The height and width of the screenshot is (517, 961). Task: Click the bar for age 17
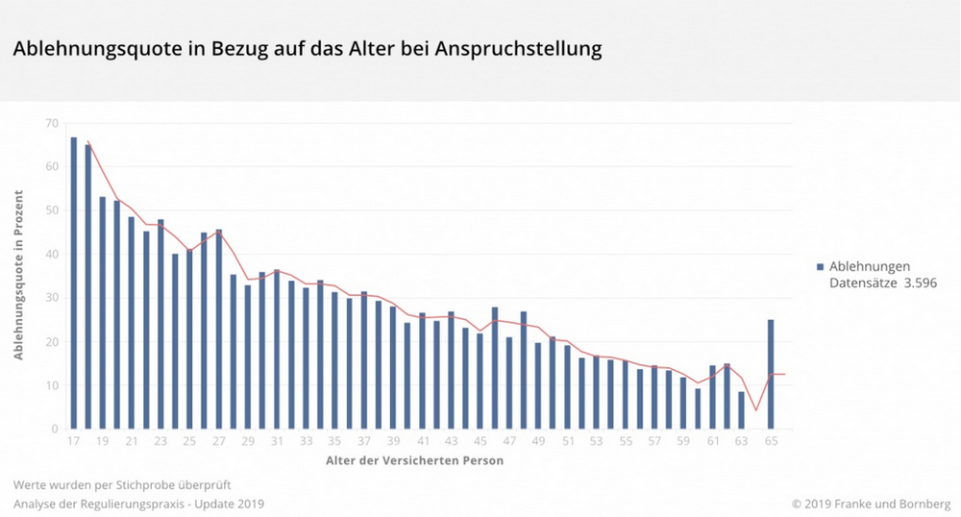pyautogui.click(x=73, y=283)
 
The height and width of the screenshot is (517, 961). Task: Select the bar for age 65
pyautogui.click(x=771, y=374)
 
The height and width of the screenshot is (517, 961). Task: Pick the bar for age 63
pyautogui.click(x=741, y=410)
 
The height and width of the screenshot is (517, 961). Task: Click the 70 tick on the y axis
pyautogui.click(x=51, y=123)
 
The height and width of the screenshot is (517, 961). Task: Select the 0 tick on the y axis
pyautogui.click(x=55, y=430)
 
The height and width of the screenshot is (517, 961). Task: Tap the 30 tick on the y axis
pyautogui.click(x=51, y=298)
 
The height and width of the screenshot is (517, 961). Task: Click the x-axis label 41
pyautogui.click(x=422, y=441)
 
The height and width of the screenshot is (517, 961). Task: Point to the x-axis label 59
pyautogui.click(x=683, y=441)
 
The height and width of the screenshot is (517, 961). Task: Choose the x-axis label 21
pyautogui.click(x=132, y=441)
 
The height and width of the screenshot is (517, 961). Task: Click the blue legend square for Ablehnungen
pyautogui.click(x=820, y=266)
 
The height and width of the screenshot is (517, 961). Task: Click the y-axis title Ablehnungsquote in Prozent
pyautogui.click(x=19, y=277)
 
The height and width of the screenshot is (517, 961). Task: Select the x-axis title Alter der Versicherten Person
pyautogui.click(x=413, y=461)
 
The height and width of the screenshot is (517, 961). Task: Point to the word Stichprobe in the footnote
pyautogui.click(x=134, y=484)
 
